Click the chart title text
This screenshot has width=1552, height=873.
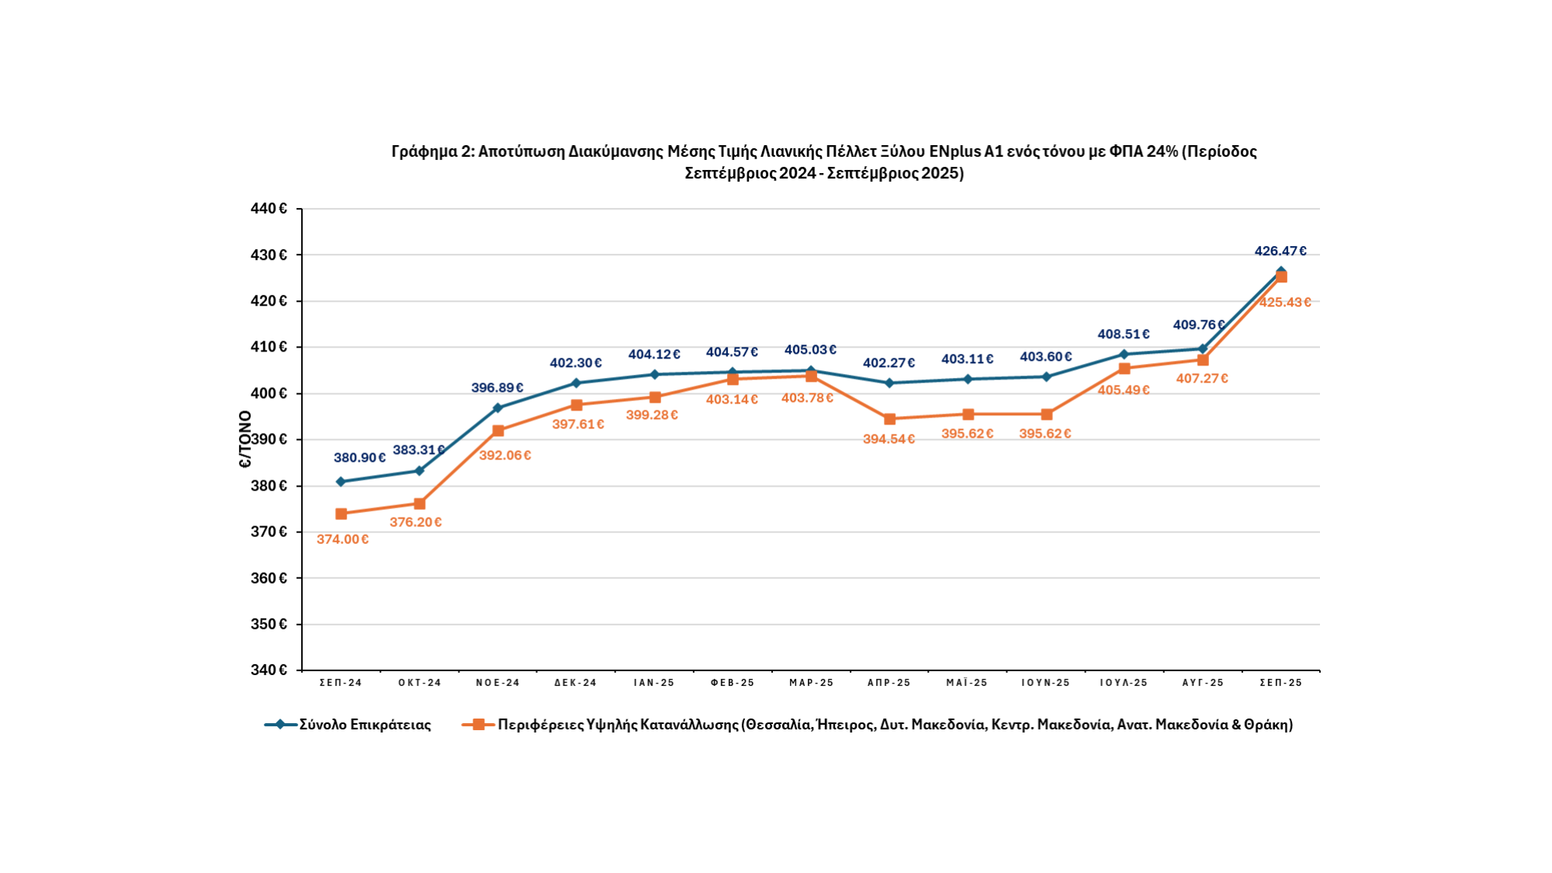tap(823, 161)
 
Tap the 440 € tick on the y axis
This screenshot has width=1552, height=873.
tap(268, 209)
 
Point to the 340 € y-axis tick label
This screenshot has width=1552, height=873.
tap(268, 670)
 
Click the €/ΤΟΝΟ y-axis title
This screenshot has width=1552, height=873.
tap(245, 439)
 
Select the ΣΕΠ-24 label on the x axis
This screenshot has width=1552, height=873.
tap(341, 683)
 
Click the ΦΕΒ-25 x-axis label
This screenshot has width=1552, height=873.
tap(733, 683)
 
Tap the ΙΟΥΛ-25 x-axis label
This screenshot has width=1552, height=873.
tap(1124, 683)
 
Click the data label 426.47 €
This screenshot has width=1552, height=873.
tap(1280, 251)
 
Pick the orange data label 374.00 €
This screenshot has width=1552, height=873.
tap(342, 539)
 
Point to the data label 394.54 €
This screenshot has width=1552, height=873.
tap(889, 439)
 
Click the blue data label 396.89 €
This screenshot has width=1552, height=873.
tap(497, 388)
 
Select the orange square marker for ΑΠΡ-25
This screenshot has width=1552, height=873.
tap(889, 419)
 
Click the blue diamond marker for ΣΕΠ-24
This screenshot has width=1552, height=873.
tap(341, 482)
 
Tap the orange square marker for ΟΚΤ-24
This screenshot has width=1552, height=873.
tap(419, 504)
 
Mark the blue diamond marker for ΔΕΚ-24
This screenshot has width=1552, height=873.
tap(576, 383)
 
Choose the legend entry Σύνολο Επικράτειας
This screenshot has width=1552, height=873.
tap(365, 725)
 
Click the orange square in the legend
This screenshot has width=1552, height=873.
tap(479, 725)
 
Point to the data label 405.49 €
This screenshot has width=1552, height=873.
tap(1123, 390)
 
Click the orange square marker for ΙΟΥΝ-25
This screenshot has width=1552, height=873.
tap(1046, 414)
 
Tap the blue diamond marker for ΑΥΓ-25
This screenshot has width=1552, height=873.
tap(1203, 349)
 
